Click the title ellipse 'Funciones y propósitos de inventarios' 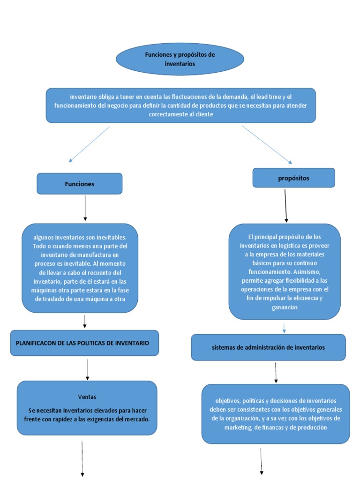pyautogui.click(x=180, y=59)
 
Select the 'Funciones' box pyautogui.click(x=79, y=184)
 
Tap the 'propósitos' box pyautogui.click(x=293, y=178)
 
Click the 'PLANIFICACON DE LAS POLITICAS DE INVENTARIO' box pyautogui.click(x=84, y=343)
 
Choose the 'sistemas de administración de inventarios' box pyautogui.click(x=268, y=347)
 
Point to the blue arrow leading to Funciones pyautogui.click(x=89, y=144)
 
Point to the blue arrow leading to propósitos pyautogui.click(x=267, y=144)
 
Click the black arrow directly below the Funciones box pyautogui.click(x=85, y=208)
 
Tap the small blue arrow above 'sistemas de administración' pyautogui.click(x=284, y=327)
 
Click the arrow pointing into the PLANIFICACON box pyautogui.click(x=85, y=321)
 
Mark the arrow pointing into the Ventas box pyautogui.click(x=87, y=369)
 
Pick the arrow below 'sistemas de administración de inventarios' pyautogui.click(x=276, y=372)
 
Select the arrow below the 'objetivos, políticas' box pyautogui.click(x=261, y=461)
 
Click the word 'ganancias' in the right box pyautogui.click(x=284, y=307)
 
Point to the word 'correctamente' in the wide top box pyautogui.click(x=167, y=114)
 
